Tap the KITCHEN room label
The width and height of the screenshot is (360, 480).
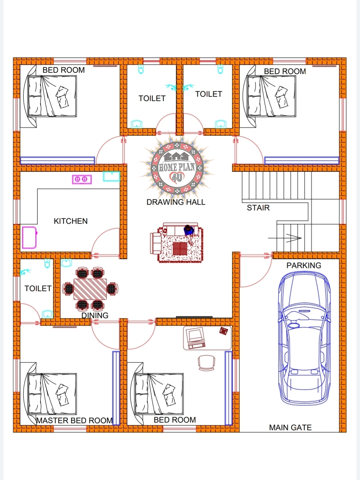click(71, 221)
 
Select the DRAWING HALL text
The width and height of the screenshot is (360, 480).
click(176, 202)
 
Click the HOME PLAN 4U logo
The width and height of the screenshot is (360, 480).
click(177, 168)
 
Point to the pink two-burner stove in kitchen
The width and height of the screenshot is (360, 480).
click(82, 179)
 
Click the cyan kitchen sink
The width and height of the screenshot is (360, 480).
click(111, 176)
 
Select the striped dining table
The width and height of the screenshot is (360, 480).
click(90, 289)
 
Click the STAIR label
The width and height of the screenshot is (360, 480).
click(258, 208)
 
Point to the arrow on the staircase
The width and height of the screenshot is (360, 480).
click(285, 238)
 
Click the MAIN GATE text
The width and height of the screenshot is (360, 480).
click(290, 427)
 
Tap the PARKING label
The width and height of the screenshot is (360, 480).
click(304, 265)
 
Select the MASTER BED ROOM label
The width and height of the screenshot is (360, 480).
click(74, 420)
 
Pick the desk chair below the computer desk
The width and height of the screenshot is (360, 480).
click(207, 363)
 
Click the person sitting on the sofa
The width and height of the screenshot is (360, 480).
click(189, 234)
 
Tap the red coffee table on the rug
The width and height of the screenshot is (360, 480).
click(180, 249)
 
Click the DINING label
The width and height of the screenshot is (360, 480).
click(95, 315)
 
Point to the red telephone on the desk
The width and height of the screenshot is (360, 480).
click(223, 331)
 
